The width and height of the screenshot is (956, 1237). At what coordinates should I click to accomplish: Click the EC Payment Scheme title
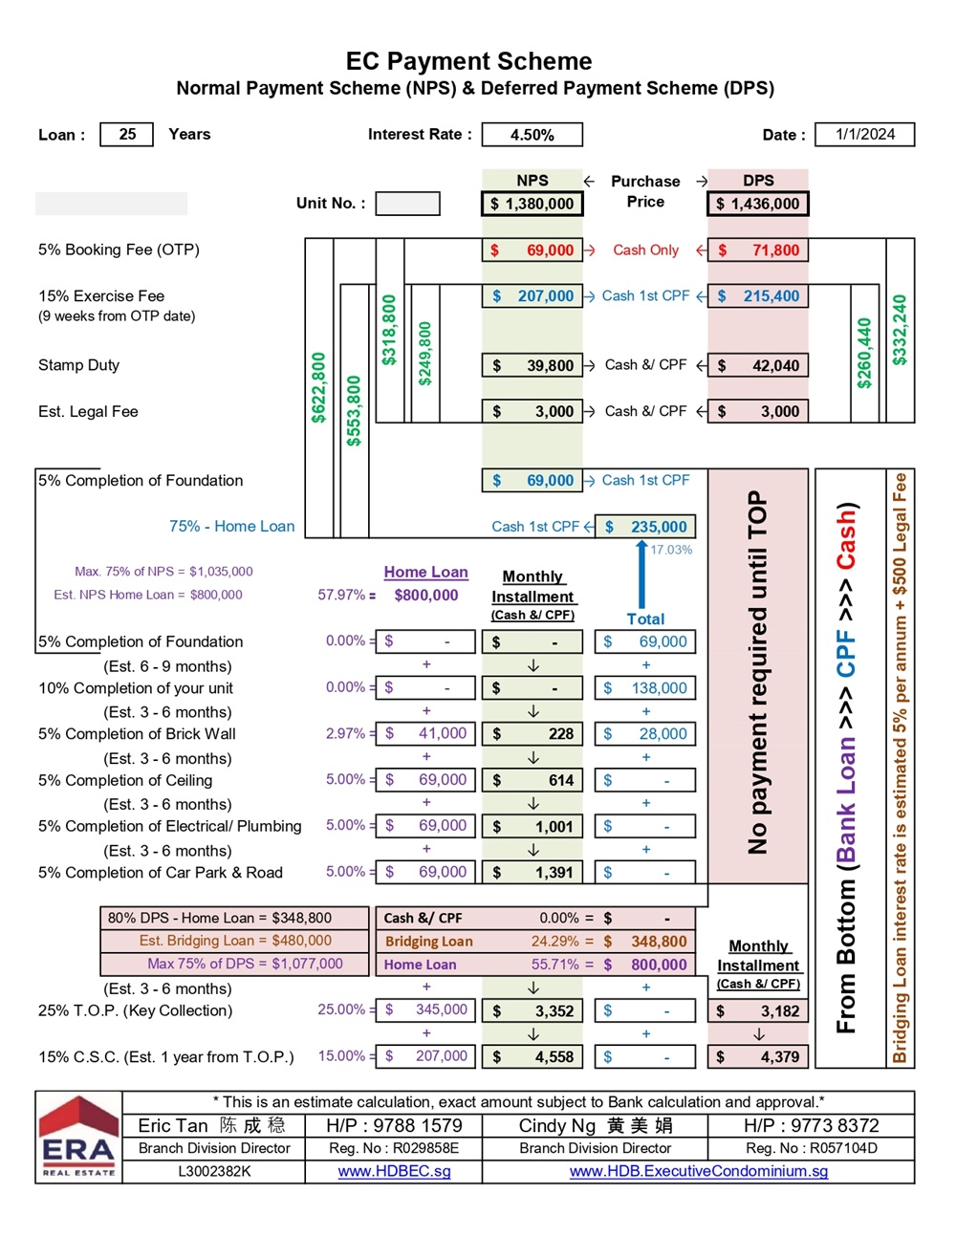468,61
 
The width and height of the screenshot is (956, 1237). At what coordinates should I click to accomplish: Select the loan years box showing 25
127,135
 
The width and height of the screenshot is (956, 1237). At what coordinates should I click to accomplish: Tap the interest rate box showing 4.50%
532,135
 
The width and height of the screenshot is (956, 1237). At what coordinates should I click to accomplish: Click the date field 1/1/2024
864,135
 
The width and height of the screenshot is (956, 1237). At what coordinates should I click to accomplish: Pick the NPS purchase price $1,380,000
532,204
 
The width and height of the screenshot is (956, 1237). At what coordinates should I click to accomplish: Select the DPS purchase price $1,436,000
758,204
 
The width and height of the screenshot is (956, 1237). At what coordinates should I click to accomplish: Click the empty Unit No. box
407,204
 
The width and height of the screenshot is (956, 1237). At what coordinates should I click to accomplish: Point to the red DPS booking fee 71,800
758,250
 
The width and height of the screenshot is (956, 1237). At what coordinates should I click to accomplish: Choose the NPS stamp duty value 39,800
532,365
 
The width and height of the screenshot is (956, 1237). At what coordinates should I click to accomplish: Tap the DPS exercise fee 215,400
758,296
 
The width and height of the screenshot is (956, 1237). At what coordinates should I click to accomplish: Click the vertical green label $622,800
318,387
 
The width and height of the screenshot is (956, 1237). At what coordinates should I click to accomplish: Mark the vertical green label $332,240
900,330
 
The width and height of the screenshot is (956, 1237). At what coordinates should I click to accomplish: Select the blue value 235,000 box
645,527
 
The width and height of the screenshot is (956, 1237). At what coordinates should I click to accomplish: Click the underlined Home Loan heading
425,572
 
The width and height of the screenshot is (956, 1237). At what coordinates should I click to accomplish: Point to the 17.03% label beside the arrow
671,550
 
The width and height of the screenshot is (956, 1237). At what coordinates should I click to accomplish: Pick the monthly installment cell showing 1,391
532,872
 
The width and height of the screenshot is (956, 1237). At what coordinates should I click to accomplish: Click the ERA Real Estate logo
78,1138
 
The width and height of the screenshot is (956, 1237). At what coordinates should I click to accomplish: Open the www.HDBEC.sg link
394,1171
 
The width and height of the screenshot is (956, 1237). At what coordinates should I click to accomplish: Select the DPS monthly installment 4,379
758,1057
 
